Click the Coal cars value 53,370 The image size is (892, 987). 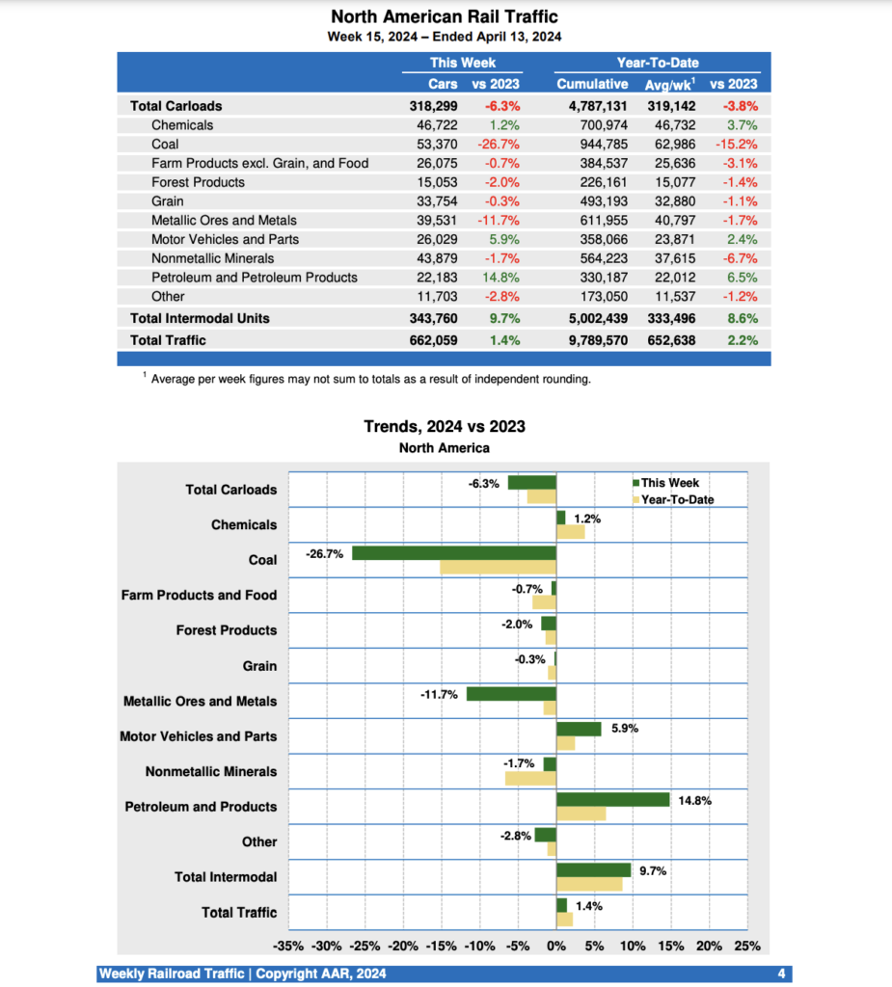tap(435, 144)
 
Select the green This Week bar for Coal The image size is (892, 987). tap(454, 553)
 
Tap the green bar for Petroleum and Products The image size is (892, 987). tap(612, 799)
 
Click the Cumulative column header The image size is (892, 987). tap(592, 84)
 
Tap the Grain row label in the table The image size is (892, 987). tap(168, 201)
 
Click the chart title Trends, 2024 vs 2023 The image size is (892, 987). tap(445, 426)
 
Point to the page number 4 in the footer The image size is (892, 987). tap(781, 974)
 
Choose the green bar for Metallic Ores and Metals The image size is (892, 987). tap(511, 694)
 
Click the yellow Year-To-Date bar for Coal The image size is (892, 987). tap(498, 567)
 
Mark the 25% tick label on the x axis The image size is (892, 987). tap(747, 946)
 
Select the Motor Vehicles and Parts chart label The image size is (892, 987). tap(198, 736)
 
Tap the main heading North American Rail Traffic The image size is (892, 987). tap(445, 16)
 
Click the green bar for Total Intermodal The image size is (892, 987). tap(593, 869)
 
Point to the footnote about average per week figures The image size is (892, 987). tap(370, 379)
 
